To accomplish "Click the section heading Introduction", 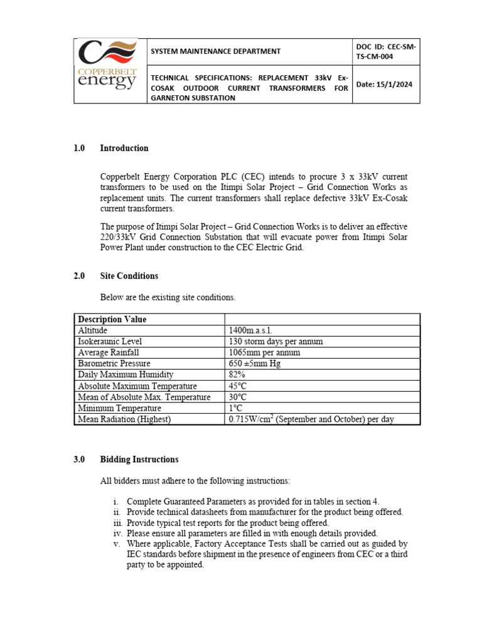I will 124,149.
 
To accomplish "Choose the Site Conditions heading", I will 129,276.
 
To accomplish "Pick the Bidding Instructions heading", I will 139,460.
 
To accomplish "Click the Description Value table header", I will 112,319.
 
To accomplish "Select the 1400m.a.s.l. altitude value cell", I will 251,330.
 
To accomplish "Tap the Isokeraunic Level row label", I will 110,342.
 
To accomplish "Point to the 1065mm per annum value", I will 264,352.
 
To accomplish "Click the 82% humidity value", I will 237,375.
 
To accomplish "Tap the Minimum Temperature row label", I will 115,408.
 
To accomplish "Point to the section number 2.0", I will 78,276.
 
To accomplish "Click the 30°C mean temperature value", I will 238,397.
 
